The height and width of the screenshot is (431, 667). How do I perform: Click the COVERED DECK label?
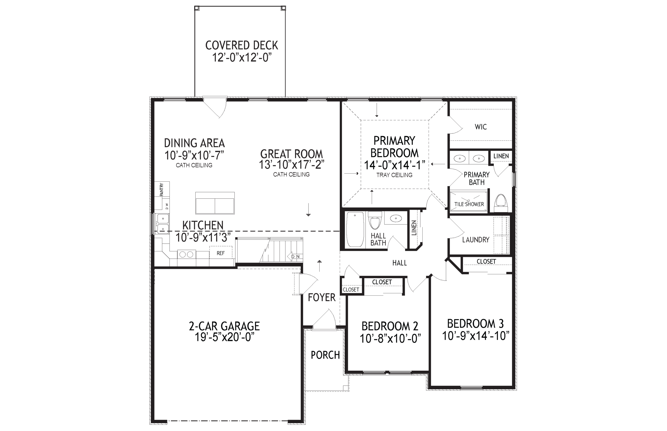242,45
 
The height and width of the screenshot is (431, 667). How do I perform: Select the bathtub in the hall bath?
355,230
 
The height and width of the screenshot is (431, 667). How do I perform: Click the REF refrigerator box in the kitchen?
221,253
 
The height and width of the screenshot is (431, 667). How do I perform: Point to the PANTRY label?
161,189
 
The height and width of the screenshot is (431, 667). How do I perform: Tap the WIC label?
481,127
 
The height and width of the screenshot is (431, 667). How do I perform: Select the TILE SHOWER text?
469,204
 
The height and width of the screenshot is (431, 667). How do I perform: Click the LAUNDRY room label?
476,239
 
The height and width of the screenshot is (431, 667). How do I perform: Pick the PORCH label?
325,355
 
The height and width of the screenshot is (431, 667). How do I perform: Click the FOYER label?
322,297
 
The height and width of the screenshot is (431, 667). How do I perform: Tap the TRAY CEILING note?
394,175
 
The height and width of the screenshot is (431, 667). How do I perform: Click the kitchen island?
215,203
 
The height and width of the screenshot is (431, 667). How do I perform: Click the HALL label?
399,263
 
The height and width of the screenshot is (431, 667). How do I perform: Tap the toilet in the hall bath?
375,220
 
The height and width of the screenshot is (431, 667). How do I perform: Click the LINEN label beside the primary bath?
501,156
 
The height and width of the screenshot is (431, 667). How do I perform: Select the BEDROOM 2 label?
390,326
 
